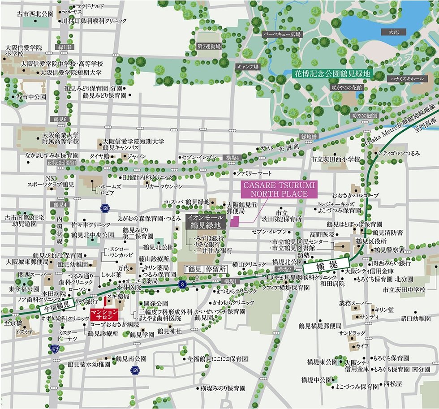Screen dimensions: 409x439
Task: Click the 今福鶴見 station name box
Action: tap(56, 307)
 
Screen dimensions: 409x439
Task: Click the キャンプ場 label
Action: tap(248, 67)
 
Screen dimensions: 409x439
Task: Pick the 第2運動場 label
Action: tap(209, 46)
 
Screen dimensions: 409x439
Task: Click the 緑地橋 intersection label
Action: tap(309, 136)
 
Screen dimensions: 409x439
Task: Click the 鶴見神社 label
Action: tap(169, 331)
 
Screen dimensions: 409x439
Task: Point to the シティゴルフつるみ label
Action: tap(400, 153)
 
